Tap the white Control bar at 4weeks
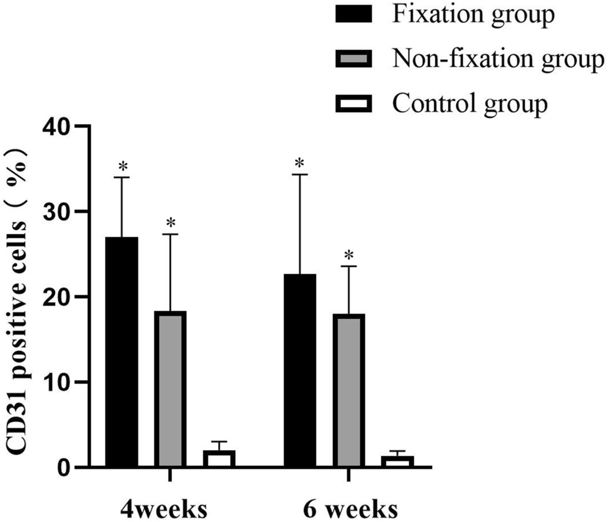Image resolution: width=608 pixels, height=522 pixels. tap(219, 459)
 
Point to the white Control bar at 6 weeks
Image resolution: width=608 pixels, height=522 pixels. tap(397, 462)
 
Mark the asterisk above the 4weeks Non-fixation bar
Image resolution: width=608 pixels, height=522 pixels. tap(170, 223)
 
